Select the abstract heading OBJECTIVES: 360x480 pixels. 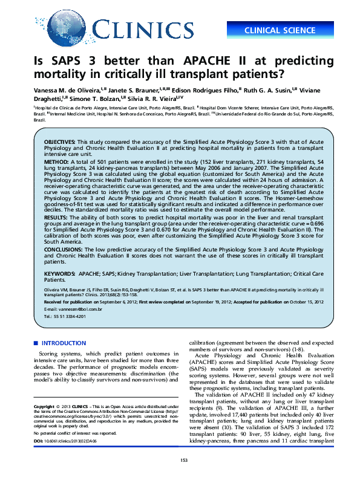59,140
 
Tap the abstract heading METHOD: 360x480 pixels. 56,163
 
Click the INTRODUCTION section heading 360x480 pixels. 64,343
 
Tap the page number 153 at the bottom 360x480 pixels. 184,461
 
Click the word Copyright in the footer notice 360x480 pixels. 45,407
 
